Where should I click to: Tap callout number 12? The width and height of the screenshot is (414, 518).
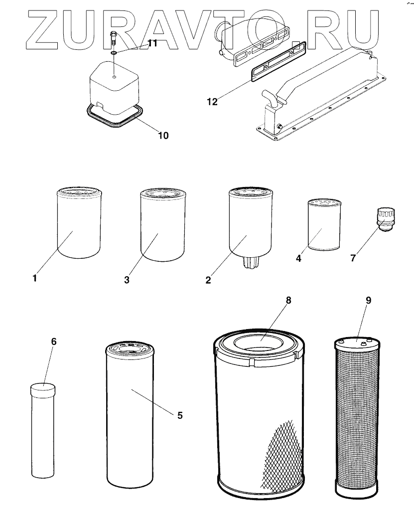click(x=212, y=102)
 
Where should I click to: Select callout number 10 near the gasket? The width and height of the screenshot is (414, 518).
click(x=163, y=135)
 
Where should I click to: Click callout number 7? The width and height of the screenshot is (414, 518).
click(x=353, y=258)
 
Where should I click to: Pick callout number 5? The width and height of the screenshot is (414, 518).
click(x=180, y=415)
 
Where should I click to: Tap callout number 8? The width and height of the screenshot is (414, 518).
click(x=287, y=300)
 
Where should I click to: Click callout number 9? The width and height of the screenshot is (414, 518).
click(x=368, y=301)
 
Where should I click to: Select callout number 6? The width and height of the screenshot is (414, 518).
click(x=54, y=342)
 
